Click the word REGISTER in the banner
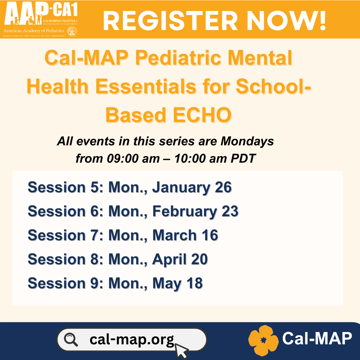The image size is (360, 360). click(170, 21)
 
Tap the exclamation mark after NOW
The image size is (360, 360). click(323, 21)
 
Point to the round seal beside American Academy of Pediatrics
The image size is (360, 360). click(72, 31)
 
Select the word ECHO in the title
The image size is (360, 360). click(202, 115)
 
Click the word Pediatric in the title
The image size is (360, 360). click(178, 58)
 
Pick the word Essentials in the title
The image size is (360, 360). click(146, 86)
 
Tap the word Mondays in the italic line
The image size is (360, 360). click(247, 141)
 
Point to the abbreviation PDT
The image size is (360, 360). click(243, 159)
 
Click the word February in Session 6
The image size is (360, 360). click(185, 212)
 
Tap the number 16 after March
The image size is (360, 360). click(210, 235)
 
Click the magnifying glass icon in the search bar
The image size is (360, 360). click(71, 340)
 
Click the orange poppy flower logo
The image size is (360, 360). click(264, 340)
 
